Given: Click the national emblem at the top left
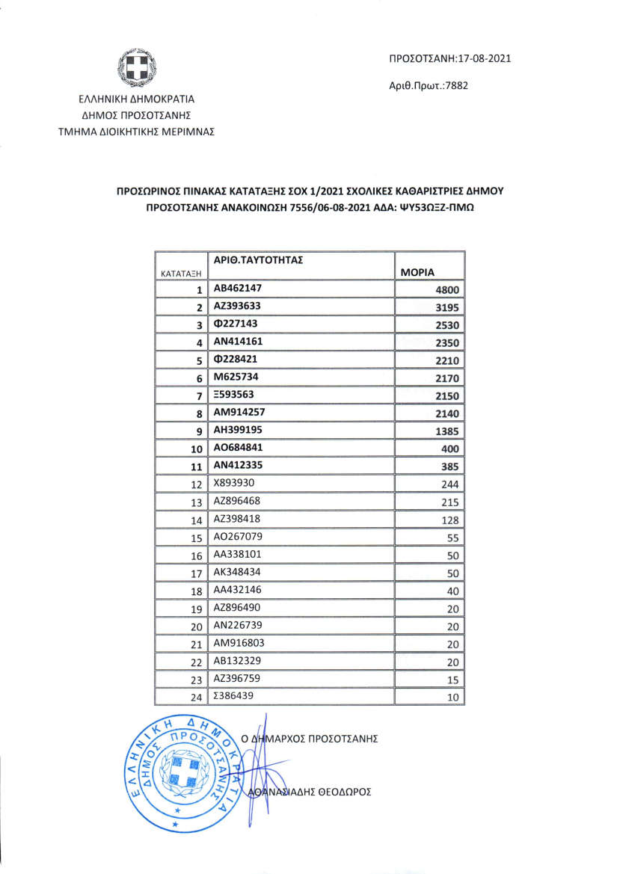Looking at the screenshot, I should click(x=137, y=69).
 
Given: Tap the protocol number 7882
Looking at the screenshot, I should click(x=476, y=86).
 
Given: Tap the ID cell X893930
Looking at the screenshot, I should click(x=236, y=483).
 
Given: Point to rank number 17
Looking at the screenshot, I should click(x=197, y=574).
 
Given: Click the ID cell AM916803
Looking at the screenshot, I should click(x=239, y=642).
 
